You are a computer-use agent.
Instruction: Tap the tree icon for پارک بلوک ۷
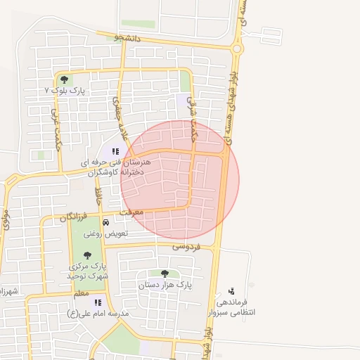tap(65, 79)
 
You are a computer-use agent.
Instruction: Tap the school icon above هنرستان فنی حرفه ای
tap(115, 150)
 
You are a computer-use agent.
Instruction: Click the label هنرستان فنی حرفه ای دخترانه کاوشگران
tap(112, 166)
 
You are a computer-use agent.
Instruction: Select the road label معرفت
tap(132, 211)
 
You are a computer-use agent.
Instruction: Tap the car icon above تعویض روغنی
tap(105, 222)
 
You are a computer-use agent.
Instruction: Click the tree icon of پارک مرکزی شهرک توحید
tap(87, 255)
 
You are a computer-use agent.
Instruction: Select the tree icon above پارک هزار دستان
tap(165, 274)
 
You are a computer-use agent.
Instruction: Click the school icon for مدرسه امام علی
tap(97, 302)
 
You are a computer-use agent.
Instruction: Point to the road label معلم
tap(80, 293)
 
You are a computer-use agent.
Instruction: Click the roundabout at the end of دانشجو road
tap(237, 49)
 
